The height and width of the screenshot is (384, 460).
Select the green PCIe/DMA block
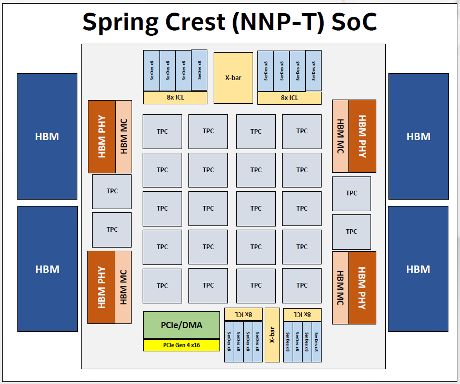coord(181,325)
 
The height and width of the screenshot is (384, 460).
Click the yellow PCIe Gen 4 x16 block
coord(181,346)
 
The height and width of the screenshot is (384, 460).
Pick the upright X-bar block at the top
coord(233,77)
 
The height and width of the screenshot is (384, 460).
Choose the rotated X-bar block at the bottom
coord(272,334)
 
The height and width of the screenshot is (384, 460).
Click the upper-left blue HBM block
coord(47,136)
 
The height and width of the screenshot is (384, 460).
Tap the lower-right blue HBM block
coord(418,269)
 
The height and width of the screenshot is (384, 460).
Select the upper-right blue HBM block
coord(418,136)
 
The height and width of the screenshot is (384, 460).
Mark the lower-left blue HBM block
coord(47,269)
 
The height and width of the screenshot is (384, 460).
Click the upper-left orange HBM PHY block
coord(102,136)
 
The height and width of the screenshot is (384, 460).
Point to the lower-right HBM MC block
coord(340,288)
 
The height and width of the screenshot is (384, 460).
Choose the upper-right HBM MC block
coord(340,136)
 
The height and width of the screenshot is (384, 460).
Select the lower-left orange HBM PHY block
coord(101,288)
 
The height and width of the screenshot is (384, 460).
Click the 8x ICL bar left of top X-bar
coord(175,97)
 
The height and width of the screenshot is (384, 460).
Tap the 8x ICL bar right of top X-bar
coord(289,97)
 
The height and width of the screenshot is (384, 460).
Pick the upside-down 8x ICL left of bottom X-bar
coord(243,314)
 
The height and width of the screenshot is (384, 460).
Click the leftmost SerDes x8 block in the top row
coord(152,70)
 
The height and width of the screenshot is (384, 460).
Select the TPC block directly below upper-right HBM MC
coord(351,193)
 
